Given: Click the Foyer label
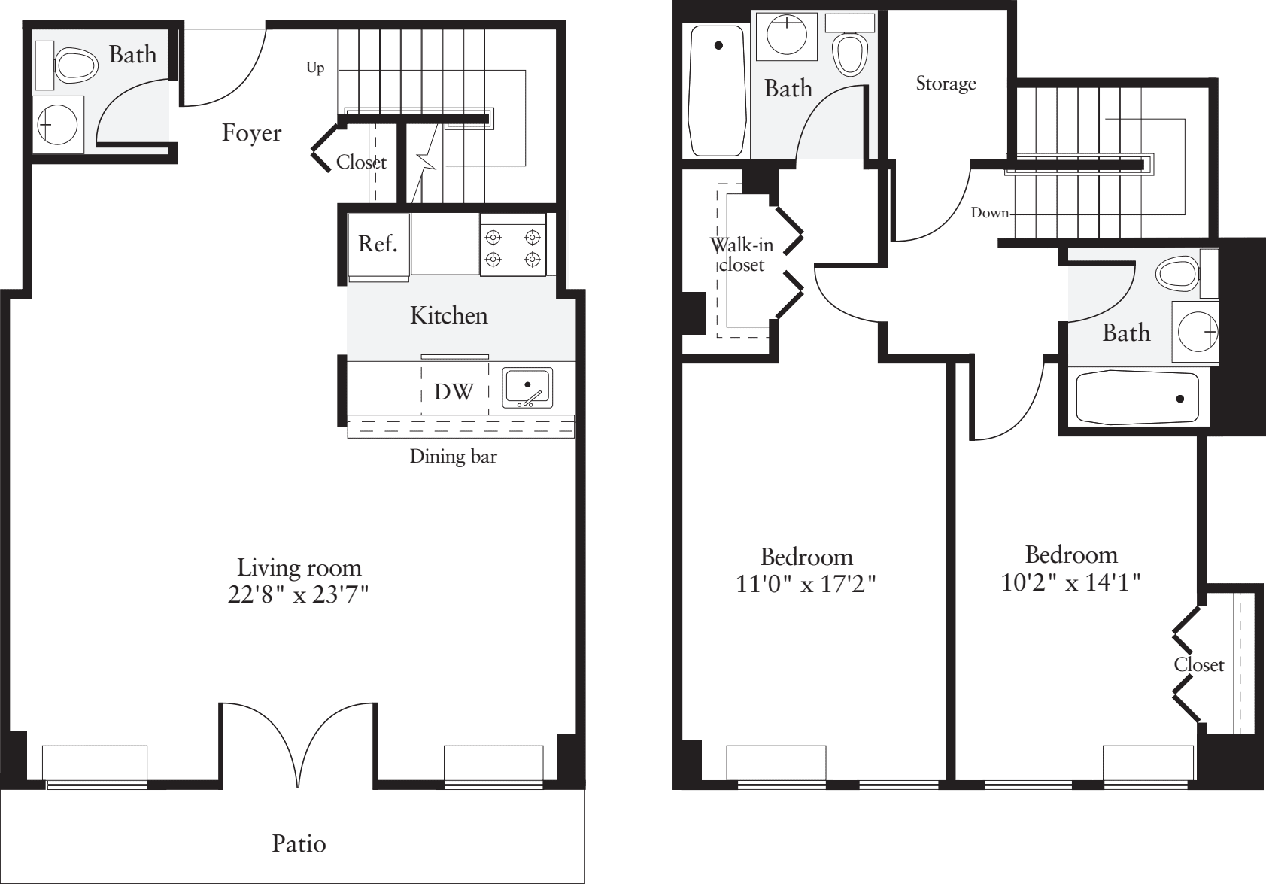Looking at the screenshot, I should coord(251,133).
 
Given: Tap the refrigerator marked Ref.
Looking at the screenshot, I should coord(378,245).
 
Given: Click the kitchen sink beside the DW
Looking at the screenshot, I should coord(527,387).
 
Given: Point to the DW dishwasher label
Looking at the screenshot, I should coord(454,391).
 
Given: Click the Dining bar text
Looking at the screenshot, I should coord(453,456).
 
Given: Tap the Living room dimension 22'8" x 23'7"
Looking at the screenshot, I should coord(299,595).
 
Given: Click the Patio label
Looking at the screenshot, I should coord(299,843).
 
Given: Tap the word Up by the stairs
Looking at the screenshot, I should coord(315,68).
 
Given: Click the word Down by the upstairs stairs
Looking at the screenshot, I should coord(989,213).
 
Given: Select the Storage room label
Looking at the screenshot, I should coord(946,84).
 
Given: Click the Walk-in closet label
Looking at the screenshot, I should coord(741,254).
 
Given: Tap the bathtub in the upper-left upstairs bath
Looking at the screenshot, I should coord(717,92).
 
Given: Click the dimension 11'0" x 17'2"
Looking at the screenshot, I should coord(806,584).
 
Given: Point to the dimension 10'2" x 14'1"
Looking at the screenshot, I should coord(1071,582).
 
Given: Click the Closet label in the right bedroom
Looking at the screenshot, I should coord(1198,664).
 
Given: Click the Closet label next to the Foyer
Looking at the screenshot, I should coord(361,162).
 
